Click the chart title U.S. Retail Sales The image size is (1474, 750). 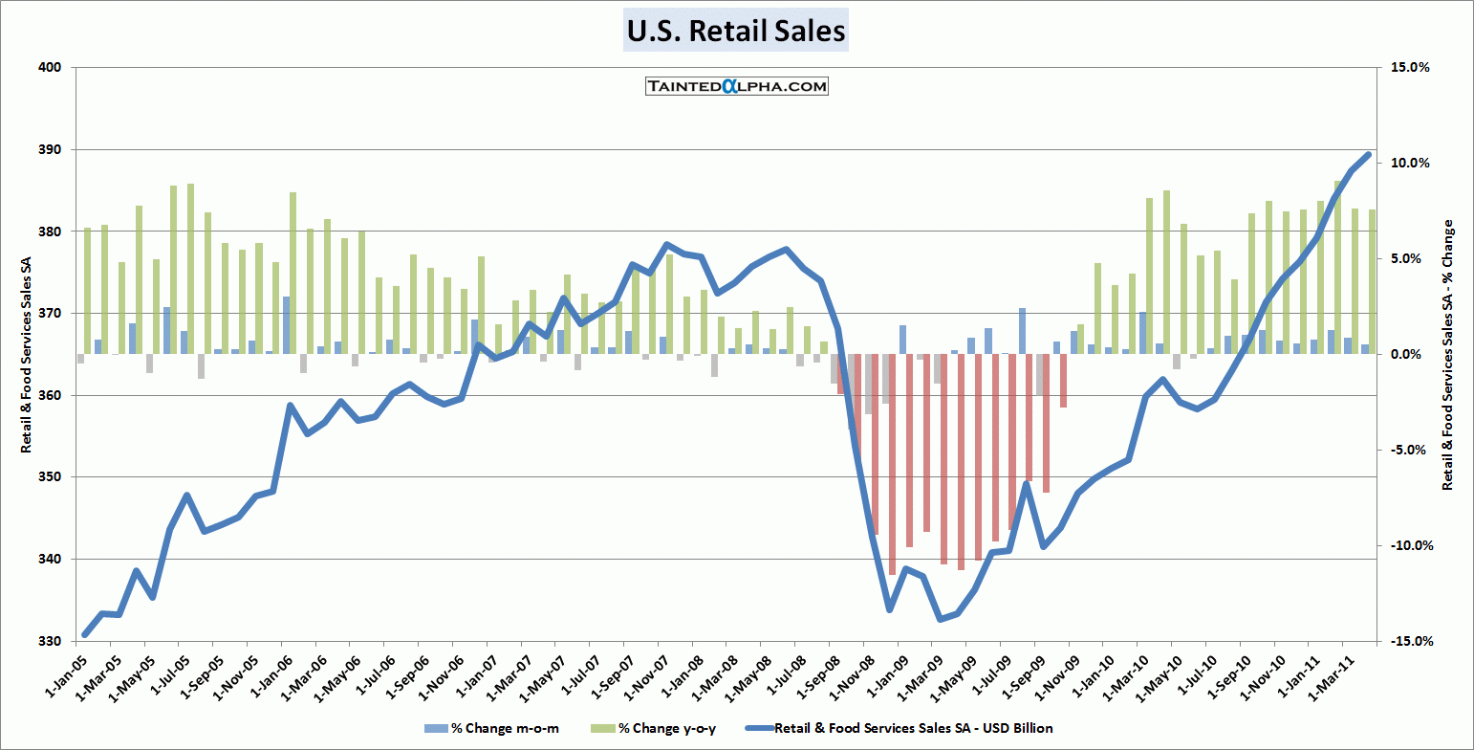point(736,31)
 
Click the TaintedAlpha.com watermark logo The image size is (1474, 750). point(736,86)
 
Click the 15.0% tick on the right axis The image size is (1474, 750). point(1410,67)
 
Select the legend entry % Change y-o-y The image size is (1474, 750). point(667,729)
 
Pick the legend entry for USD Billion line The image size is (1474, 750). point(914,729)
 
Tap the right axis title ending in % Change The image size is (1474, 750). point(1447,354)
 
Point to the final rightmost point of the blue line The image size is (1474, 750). point(1368,154)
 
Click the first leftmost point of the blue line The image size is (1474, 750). point(85,634)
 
